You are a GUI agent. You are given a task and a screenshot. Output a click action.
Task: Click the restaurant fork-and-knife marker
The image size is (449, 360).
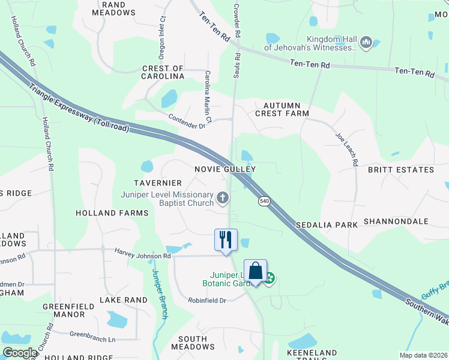(226, 240)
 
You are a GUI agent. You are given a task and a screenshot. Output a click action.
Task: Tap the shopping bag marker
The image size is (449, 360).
(255, 271)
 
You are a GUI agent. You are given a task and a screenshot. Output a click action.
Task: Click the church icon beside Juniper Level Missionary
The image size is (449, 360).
(223, 197)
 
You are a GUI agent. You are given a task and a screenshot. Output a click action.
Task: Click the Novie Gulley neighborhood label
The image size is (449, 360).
(225, 169)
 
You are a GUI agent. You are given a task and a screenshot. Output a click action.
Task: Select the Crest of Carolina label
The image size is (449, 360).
(163, 73)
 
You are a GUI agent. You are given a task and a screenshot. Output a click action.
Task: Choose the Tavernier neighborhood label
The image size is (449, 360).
(158, 182)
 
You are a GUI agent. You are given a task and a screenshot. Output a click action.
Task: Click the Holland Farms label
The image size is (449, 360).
(112, 213)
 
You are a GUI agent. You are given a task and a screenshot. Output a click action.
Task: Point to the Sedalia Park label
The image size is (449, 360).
(327, 224)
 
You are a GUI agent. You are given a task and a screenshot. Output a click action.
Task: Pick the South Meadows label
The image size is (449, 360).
(193, 343)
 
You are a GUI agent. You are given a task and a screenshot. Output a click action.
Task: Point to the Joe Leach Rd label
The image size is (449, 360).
(347, 149)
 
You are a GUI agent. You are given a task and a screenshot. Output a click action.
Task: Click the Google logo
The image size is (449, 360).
(19, 353)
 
